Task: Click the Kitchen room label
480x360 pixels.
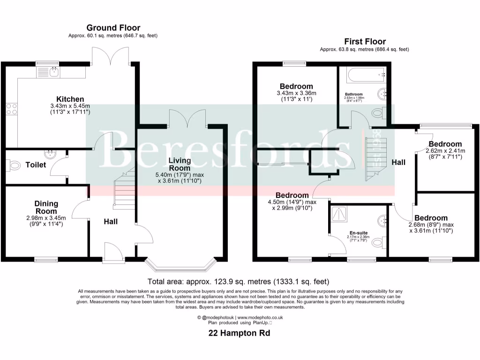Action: point(70,99)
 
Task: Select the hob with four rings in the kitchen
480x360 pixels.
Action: point(11,109)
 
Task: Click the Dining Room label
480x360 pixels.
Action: point(46,207)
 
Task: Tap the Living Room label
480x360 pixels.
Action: point(180,164)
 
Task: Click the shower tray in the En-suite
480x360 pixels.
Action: point(338,214)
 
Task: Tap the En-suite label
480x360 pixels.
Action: point(359,232)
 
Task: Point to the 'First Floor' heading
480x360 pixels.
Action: point(364,41)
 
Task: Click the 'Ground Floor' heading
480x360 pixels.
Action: point(113,28)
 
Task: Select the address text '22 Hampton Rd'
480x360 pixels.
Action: point(239,333)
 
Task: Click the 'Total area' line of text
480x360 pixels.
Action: point(238,282)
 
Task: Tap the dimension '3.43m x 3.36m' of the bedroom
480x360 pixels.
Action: point(296,93)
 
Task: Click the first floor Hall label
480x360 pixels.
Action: point(398,162)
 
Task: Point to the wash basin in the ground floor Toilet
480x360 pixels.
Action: point(49,153)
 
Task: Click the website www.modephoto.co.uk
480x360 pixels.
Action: point(260,317)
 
